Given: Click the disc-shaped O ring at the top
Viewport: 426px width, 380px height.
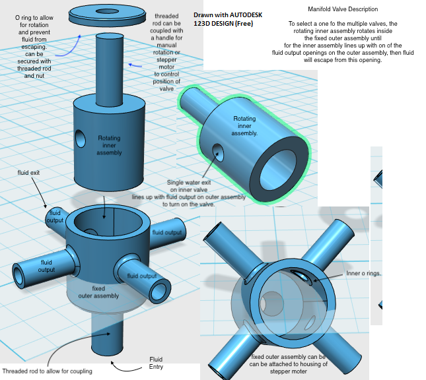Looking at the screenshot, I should tap(108, 12).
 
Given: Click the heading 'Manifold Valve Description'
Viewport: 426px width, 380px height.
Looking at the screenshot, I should tap(343, 9).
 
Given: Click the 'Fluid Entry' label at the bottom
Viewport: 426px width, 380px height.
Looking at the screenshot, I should tap(156, 363).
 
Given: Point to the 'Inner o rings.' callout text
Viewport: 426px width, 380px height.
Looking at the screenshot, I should tap(363, 273).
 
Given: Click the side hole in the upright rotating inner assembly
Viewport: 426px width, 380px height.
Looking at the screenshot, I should tap(81, 139).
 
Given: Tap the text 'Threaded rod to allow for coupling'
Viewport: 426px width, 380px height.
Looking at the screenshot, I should tap(47, 371).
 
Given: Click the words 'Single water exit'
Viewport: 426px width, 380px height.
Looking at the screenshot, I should tap(189, 183).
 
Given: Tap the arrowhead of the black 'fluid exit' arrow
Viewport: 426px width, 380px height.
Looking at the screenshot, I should tap(46, 208).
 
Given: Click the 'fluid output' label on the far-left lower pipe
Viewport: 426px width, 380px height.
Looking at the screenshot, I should tap(46, 266).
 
